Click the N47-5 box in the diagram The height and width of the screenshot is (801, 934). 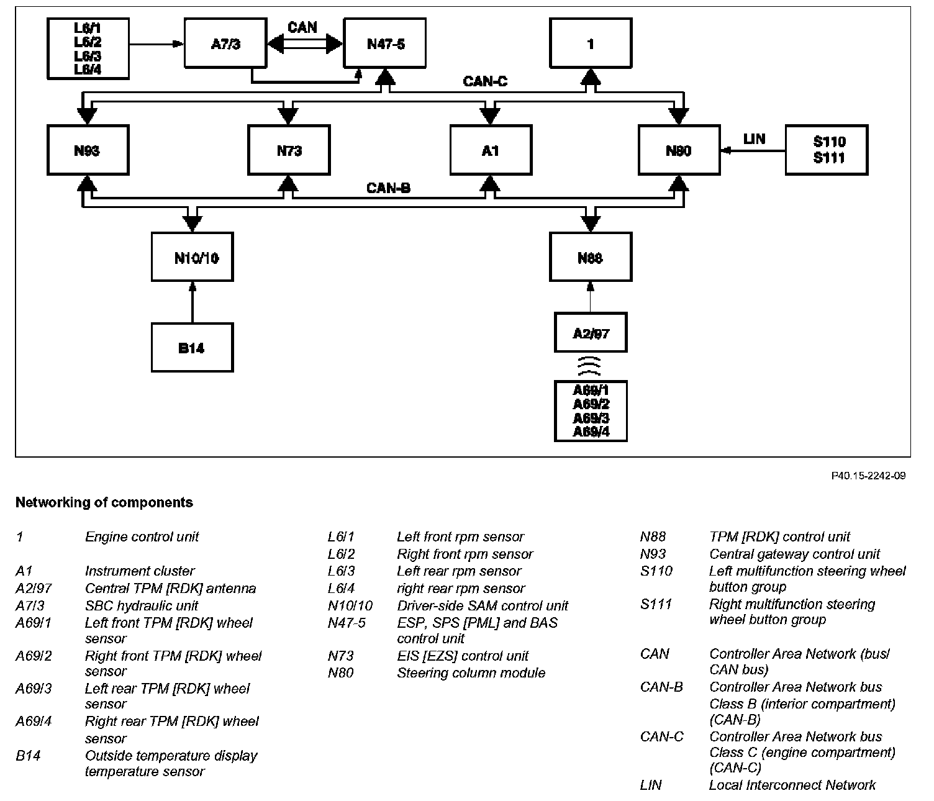coord(385,43)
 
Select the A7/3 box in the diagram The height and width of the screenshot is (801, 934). coord(225,43)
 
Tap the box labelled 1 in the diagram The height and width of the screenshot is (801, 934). coord(591,43)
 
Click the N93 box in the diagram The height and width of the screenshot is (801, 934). coord(88,150)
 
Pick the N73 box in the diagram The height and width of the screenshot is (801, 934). coord(289,150)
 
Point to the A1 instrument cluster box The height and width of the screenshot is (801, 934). coord(491,150)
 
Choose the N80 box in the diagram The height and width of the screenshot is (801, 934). coord(679,150)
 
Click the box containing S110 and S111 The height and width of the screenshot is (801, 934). coord(827,150)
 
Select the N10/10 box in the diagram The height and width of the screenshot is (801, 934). coord(193,257)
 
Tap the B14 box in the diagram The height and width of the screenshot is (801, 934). coord(193,348)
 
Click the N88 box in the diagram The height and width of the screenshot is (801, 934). coord(591,257)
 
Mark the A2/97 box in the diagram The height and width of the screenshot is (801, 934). coord(591,333)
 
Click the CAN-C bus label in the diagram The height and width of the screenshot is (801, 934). coord(486,81)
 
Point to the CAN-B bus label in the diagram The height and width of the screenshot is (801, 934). coord(388,188)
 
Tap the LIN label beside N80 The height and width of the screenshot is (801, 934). coord(754,138)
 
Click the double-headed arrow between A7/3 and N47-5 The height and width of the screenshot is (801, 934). coord(305,43)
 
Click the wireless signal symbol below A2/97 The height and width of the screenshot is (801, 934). coord(589,366)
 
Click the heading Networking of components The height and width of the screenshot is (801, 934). coord(104,502)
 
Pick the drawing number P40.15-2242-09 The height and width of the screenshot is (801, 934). coord(868,476)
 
